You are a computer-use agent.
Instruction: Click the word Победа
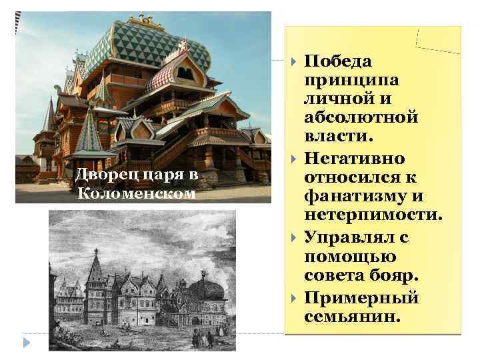click(x=337, y=61)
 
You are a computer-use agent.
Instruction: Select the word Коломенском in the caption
click(x=137, y=194)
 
